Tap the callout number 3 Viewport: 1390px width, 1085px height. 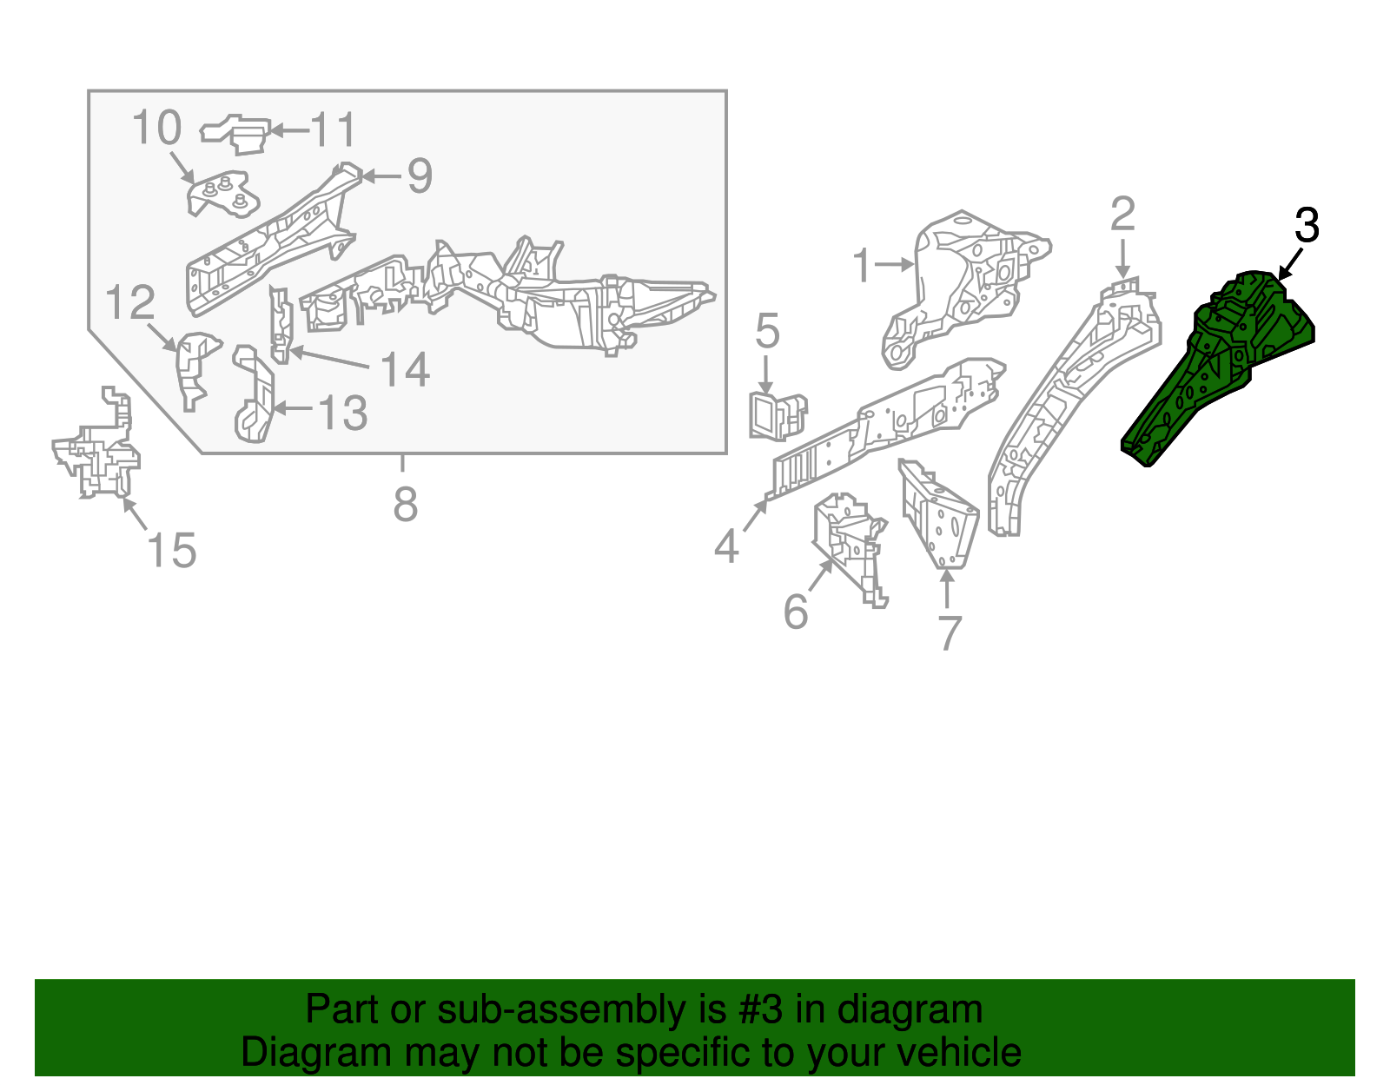point(1307,226)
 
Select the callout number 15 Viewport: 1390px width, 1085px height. point(171,550)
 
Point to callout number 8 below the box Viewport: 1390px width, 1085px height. point(405,504)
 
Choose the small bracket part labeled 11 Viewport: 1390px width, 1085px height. point(235,135)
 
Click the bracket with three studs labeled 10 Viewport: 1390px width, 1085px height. point(223,193)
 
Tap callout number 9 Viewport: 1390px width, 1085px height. point(420,175)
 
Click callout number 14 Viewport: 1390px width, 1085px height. point(404,369)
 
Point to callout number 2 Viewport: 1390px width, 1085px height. point(1122,215)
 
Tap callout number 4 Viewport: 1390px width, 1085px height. point(726,546)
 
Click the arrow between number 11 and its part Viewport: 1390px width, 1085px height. point(289,130)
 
